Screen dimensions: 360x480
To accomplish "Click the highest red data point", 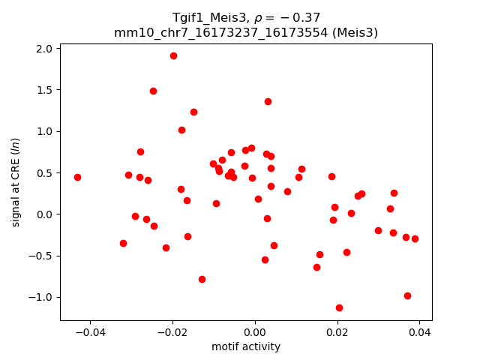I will [x=173, y=55].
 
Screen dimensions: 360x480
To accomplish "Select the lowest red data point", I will [x=339, y=307].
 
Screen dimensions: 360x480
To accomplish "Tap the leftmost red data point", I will [x=77, y=177].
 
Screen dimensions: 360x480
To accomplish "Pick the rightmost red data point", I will [x=415, y=238].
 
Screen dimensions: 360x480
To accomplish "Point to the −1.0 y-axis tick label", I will [x=42, y=297].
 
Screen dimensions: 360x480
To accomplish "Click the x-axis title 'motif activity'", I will [x=246, y=346].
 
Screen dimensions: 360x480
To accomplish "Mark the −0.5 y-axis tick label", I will [x=42, y=256].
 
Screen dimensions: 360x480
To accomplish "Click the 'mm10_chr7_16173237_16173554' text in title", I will [x=221, y=32].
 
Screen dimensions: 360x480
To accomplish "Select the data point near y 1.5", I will [x=153, y=91].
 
